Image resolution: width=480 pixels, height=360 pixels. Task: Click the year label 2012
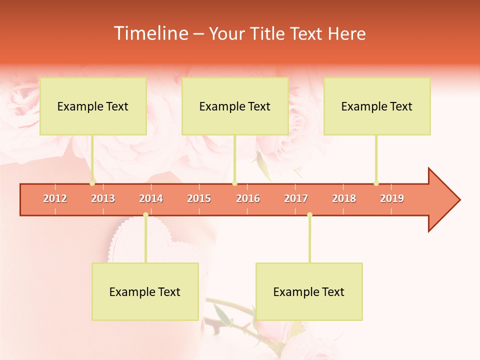[x=55, y=198]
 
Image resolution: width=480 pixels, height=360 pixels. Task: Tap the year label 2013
[x=103, y=198]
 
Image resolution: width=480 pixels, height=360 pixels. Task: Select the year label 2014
[x=151, y=198]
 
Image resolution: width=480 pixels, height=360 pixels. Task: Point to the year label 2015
[x=199, y=198]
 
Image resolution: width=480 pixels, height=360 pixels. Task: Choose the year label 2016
[x=248, y=198]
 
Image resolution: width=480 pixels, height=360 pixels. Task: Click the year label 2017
[x=296, y=198]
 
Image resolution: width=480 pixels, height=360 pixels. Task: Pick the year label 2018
[x=344, y=198]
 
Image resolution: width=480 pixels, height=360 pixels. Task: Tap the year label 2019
[x=392, y=198]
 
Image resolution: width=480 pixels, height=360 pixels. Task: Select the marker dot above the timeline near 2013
[x=92, y=183]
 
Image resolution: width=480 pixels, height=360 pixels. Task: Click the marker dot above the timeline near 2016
[x=234, y=183]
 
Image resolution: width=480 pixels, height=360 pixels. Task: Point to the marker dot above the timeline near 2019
[x=376, y=183]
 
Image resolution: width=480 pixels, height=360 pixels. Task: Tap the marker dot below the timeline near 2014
[x=145, y=214]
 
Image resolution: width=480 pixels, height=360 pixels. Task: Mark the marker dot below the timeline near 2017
[x=309, y=214]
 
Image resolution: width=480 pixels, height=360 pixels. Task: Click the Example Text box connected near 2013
[x=93, y=106]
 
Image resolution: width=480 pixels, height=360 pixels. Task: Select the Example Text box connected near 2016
[x=235, y=106]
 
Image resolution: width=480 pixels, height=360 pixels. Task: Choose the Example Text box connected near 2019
[x=377, y=106]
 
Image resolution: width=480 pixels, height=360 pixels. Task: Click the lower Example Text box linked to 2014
[x=145, y=291]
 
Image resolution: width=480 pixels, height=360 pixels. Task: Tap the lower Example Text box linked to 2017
[x=309, y=291]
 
